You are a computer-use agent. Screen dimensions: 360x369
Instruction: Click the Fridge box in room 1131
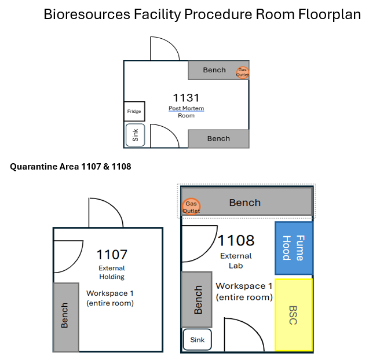[x=134, y=111]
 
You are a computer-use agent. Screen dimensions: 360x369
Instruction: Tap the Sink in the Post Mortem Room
[x=135, y=135]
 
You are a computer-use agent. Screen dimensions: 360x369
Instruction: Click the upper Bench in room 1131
[x=214, y=70]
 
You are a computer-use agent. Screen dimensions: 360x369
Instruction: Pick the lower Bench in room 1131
[x=218, y=138]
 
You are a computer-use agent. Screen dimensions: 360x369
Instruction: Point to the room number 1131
[x=186, y=97]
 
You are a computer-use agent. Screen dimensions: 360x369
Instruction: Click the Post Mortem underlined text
[x=186, y=108]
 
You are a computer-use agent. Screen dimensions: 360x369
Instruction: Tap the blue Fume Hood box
[x=294, y=248]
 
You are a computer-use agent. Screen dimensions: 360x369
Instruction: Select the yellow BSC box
[x=294, y=314]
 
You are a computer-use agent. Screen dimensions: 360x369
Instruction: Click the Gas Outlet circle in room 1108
[x=191, y=206]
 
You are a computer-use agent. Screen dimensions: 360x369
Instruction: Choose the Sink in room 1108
[x=198, y=340]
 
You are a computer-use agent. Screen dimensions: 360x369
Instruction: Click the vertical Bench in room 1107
[x=66, y=317]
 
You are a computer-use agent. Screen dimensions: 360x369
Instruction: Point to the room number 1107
[x=111, y=254]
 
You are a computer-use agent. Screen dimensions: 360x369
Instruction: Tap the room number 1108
[x=236, y=240]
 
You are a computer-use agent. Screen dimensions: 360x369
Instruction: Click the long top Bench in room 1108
[x=246, y=203]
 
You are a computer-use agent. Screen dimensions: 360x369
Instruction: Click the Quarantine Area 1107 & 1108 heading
[x=71, y=167]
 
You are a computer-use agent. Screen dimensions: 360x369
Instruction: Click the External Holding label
[x=111, y=272]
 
